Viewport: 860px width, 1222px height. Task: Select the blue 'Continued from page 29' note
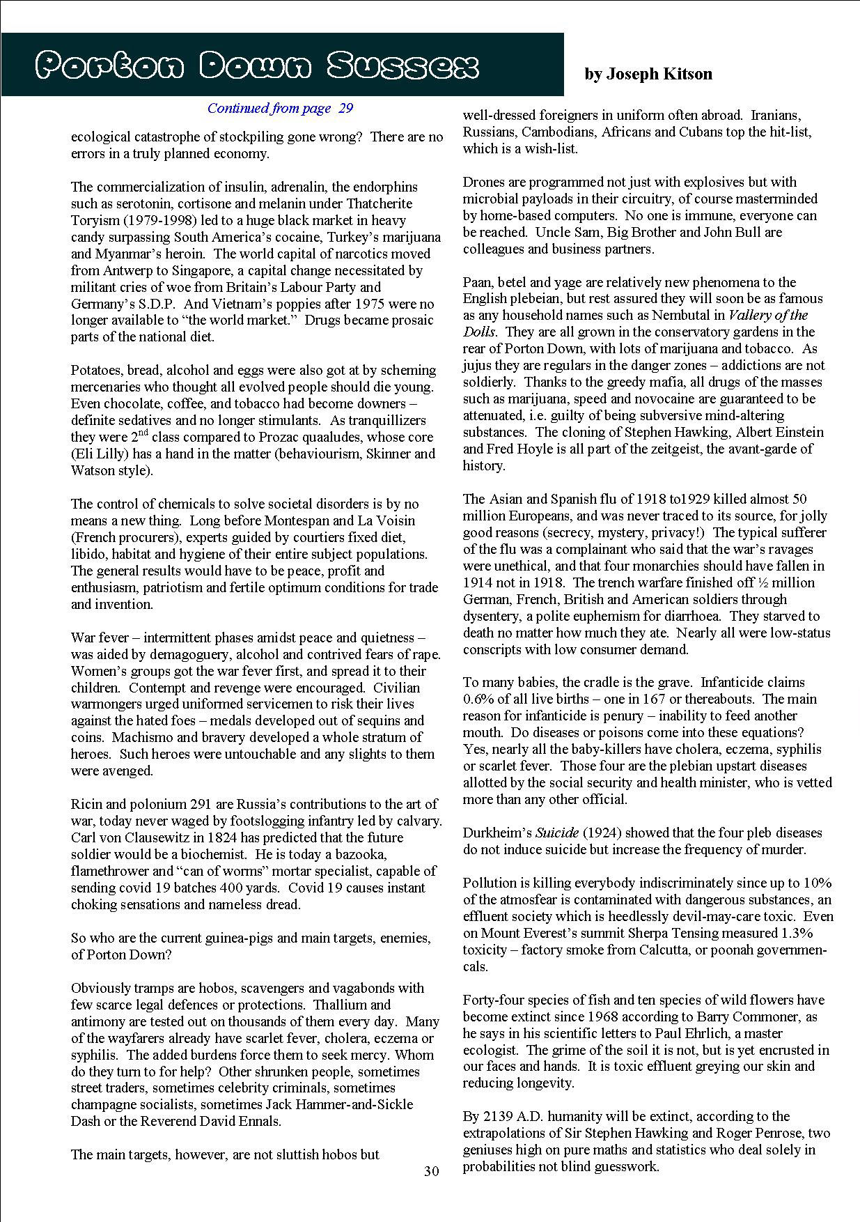pos(280,108)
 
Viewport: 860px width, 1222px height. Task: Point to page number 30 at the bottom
pos(432,1171)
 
